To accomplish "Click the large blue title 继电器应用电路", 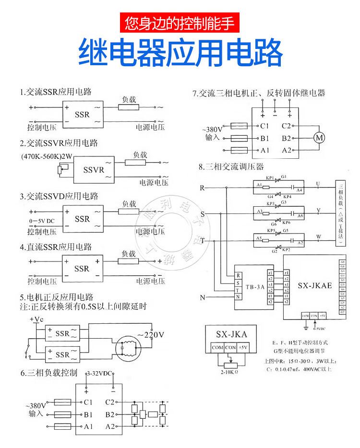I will pyautogui.click(x=180, y=52).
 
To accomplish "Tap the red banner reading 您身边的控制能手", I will pyautogui.click(x=180, y=23).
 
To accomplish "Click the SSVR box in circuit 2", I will pyautogui.click(x=94, y=170).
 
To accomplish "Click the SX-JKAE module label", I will pyautogui.click(x=314, y=285).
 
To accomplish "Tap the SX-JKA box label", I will pyautogui.click(x=232, y=334).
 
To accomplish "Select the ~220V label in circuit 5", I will pyautogui.click(x=151, y=334).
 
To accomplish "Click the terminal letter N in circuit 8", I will pyautogui.click(x=203, y=298).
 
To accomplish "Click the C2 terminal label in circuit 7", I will pyautogui.click(x=287, y=126).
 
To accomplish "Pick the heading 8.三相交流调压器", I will pyautogui.click(x=231, y=167).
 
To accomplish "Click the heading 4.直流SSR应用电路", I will pyautogui.click(x=56, y=247).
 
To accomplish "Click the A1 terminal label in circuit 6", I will pyautogui.click(x=88, y=426).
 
